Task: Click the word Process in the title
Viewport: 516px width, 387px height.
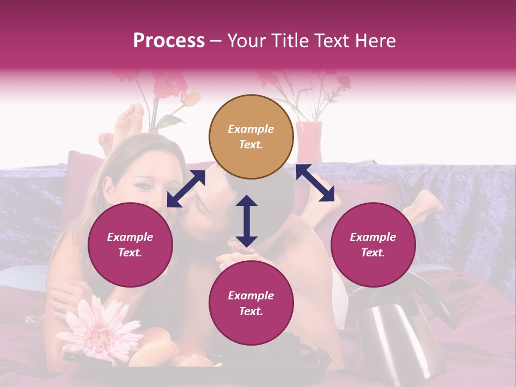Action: click(x=169, y=41)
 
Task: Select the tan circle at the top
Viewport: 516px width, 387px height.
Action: click(x=251, y=137)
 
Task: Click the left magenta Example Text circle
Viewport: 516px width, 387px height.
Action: click(x=130, y=245)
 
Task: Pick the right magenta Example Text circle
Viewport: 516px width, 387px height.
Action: click(x=373, y=245)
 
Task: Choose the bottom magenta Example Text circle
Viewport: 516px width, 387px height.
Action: click(x=251, y=303)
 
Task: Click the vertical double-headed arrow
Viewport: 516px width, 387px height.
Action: click(x=247, y=221)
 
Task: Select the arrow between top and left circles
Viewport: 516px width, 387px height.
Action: click(x=186, y=189)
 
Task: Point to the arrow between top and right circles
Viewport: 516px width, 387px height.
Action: click(x=316, y=183)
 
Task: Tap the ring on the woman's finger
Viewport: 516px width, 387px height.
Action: click(x=60, y=307)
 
